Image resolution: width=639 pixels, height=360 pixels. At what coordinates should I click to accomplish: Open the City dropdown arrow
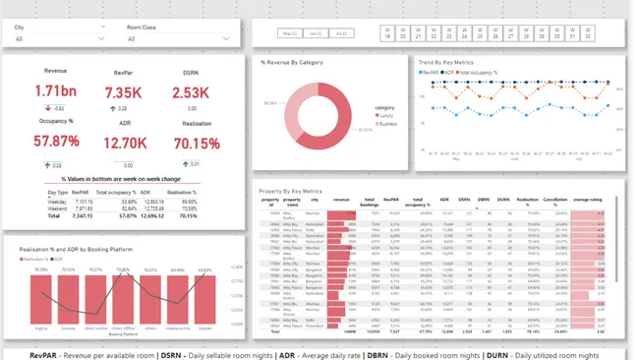click(x=103, y=39)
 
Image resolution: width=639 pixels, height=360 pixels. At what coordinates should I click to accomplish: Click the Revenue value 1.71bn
click(x=55, y=91)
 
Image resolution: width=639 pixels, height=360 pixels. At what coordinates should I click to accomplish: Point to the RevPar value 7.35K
click(x=124, y=92)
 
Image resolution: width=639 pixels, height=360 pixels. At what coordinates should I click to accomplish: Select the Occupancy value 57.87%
click(x=55, y=142)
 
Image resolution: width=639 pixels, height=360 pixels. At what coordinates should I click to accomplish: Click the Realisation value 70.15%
click(x=197, y=143)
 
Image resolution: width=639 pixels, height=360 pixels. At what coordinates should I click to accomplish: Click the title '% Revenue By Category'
click(x=292, y=62)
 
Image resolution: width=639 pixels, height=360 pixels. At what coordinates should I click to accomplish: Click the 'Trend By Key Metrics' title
click(x=445, y=61)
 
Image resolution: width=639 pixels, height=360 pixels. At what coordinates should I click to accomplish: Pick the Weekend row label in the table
click(x=58, y=210)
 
